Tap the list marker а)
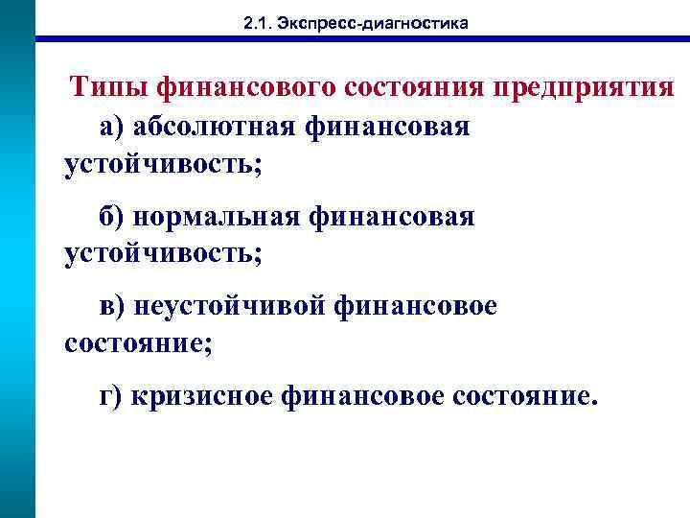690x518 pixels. pyautogui.click(x=113, y=127)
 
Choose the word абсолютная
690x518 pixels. pyautogui.click(x=218, y=127)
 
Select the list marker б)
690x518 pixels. pyautogui.click(x=113, y=217)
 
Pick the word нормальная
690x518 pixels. pyautogui.click(x=219, y=217)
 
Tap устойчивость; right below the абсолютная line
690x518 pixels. pyautogui.click(x=162, y=164)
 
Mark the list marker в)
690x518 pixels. pyautogui.click(x=113, y=307)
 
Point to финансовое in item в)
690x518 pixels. pyautogui.click(x=416, y=307)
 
